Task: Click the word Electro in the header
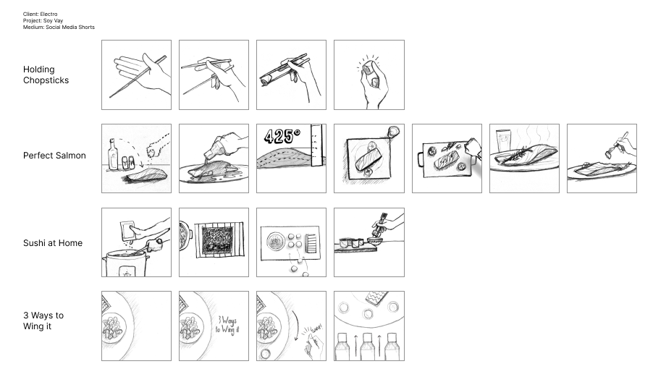[x=49, y=14]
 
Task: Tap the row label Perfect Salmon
[x=54, y=156]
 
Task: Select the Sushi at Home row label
[x=53, y=243]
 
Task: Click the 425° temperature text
[x=282, y=137]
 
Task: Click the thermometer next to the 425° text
[x=316, y=145]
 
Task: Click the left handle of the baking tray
[x=420, y=159]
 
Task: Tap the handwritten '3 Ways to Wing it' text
[x=227, y=325]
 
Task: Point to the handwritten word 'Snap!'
[x=317, y=329]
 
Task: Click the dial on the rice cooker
[x=127, y=274]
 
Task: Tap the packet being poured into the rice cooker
[x=128, y=231]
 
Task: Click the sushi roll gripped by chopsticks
[x=268, y=78]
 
